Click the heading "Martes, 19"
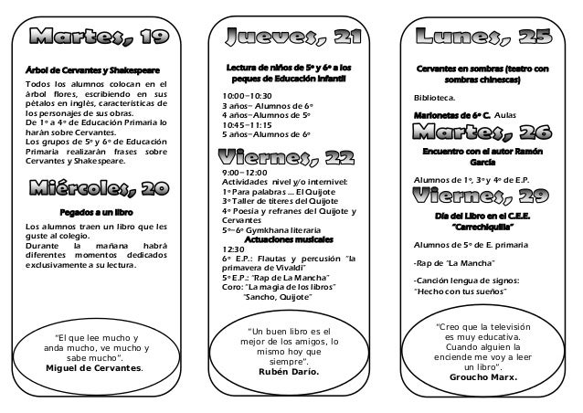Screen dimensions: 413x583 coord(99,37)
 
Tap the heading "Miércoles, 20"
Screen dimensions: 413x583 coord(98,189)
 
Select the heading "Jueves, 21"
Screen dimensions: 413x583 coord(288,37)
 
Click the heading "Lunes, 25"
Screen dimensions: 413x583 coord(483,37)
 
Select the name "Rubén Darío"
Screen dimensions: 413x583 coord(287,372)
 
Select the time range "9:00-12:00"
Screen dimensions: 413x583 coord(245,172)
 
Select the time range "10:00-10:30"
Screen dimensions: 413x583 coord(247,95)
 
